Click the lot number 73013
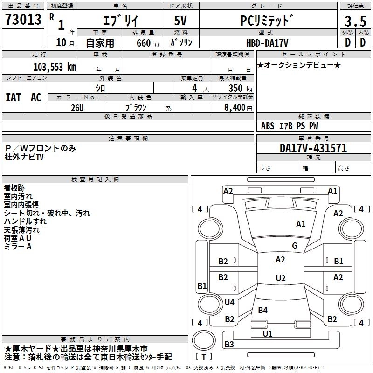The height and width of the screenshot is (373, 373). [x=23, y=19]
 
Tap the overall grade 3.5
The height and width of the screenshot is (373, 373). [x=355, y=21]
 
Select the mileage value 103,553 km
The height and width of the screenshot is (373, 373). [x=55, y=67]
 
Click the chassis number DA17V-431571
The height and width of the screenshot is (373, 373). [x=313, y=148]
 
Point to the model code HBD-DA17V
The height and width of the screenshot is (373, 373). [x=267, y=43]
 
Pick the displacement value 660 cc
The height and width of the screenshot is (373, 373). [x=148, y=43]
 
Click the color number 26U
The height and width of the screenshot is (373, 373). [x=77, y=108]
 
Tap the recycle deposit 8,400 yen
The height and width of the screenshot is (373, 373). [x=238, y=108]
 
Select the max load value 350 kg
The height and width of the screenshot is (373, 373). [x=240, y=88]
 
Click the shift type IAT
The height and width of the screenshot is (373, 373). [x=14, y=97]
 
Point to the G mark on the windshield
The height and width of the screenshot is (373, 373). [x=295, y=245]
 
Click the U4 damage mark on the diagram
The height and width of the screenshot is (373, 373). [x=229, y=302]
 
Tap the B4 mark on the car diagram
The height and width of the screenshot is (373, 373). [x=262, y=310]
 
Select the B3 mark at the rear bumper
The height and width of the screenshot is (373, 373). [x=229, y=344]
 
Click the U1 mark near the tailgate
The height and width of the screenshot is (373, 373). [x=267, y=333]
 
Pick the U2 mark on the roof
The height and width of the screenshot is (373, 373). [x=281, y=278]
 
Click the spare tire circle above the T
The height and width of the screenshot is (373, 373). [x=204, y=340]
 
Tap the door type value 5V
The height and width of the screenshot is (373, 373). [x=180, y=21]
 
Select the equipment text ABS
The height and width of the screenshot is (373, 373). [x=268, y=126]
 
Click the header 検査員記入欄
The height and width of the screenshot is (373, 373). [x=95, y=180]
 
